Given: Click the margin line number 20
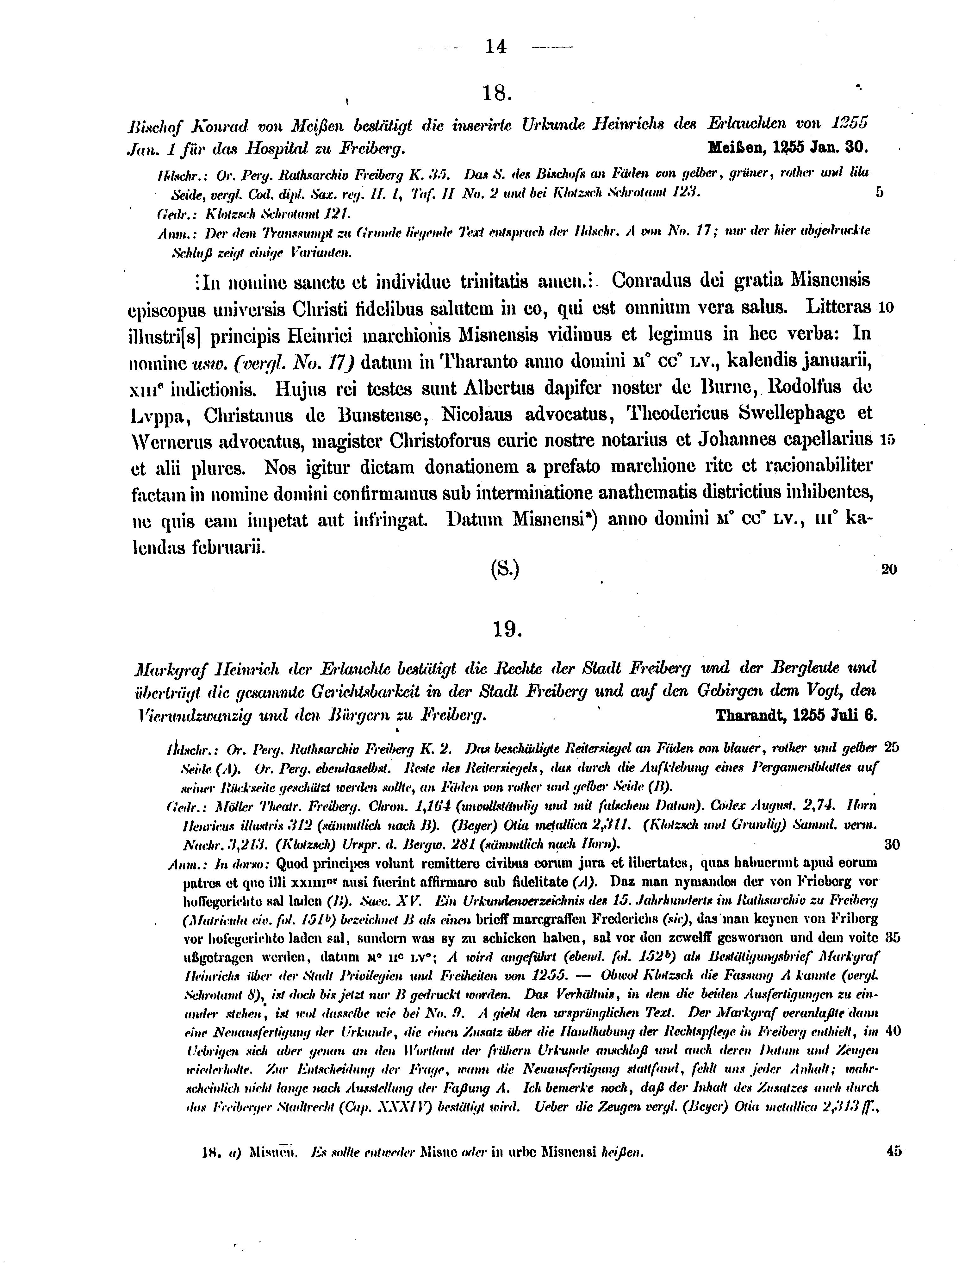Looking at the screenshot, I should (888, 570).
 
